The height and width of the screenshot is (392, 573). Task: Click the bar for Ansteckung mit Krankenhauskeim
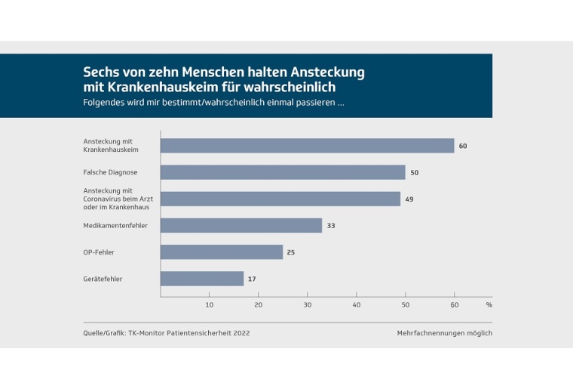click(307, 146)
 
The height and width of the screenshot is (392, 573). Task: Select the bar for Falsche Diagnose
click(283, 172)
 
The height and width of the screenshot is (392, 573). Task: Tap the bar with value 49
click(280, 199)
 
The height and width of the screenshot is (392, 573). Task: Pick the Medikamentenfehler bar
click(241, 225)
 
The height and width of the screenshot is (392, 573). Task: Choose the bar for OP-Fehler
click(222, 252)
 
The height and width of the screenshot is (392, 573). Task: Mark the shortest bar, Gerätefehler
click(202, 279)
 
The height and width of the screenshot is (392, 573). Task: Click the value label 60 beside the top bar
click(463, 146)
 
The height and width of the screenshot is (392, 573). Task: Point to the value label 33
click(331, 225)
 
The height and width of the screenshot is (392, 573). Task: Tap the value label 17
click(253, 279)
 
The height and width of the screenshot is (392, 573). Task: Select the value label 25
click(291, 252)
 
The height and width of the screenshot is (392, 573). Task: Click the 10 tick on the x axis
click(210, 305)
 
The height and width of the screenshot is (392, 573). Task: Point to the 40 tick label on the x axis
click(357, 305)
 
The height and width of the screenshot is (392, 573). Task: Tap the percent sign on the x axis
click(489, 305)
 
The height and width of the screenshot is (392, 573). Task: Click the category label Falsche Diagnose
click(110, 172)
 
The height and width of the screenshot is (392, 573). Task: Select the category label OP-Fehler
click(99, 252)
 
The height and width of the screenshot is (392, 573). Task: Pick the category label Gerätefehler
click(103, 279)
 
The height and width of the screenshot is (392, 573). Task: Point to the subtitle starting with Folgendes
click(214, 102)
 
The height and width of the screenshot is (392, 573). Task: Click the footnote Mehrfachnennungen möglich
click(445, 333)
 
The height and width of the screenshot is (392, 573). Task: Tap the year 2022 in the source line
click(241, 333)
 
